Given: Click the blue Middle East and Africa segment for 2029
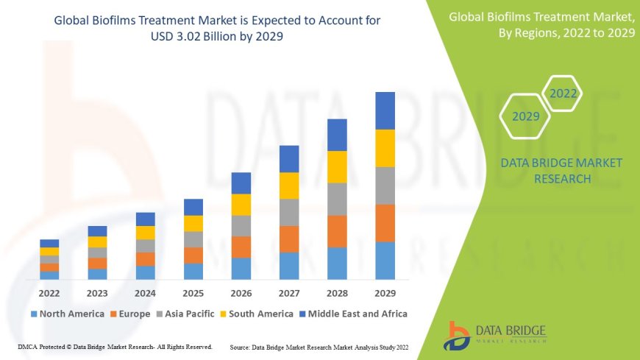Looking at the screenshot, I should pos(385,110).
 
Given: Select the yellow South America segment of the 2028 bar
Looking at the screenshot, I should pos(337,166).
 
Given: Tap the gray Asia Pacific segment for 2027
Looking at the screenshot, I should pos(289,212).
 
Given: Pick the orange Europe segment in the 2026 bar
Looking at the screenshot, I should pos(241,247).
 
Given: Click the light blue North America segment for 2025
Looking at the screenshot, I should pos(193,271).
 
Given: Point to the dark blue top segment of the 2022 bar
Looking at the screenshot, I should pos(49,243).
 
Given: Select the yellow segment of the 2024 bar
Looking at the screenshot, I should pos(146,233).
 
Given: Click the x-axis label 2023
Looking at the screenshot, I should pos(97,292).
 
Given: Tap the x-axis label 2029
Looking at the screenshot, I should pos(385,292).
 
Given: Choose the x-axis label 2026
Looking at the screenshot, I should pos(241,292).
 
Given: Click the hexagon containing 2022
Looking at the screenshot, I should pos(563,93).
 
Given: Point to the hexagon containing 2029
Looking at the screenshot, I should pos(526,116).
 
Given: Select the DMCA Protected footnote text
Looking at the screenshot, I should pos(115,346).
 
